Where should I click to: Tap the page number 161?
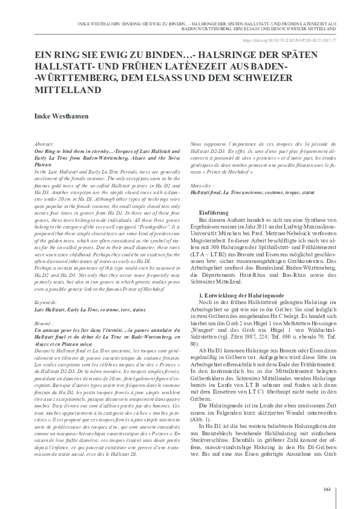[327, 488]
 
